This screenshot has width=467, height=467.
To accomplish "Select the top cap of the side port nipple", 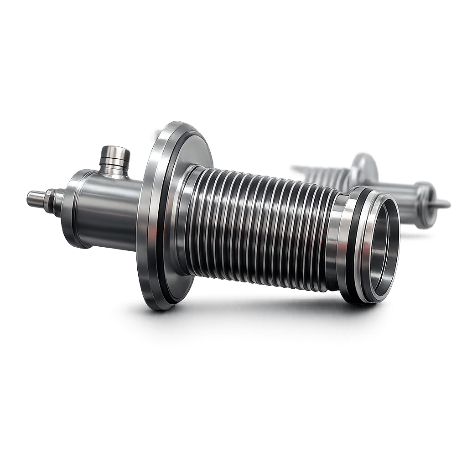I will point(115,151).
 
